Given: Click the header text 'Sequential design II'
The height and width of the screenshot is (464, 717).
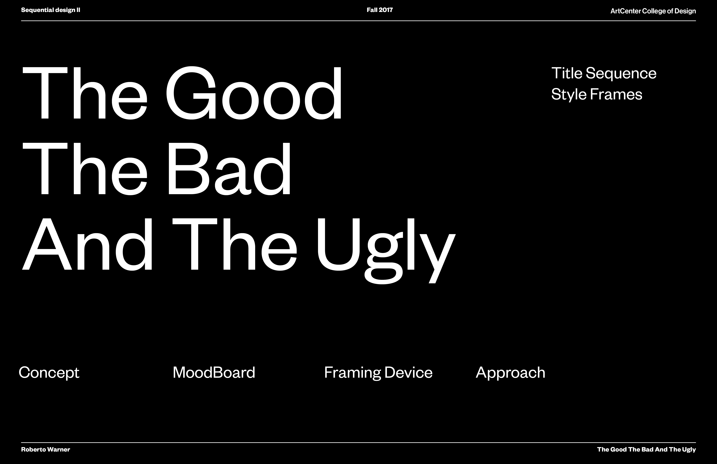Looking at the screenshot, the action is tap(51, 10).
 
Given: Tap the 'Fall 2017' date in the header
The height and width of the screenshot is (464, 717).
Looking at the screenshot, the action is tap(380, 10).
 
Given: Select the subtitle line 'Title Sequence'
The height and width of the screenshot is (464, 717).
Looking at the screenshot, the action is tap(604, 73).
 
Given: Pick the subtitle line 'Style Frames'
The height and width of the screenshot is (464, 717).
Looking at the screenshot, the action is tap(597, 94).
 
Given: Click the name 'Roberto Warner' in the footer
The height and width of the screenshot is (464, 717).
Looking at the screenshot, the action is tap(46, 450).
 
